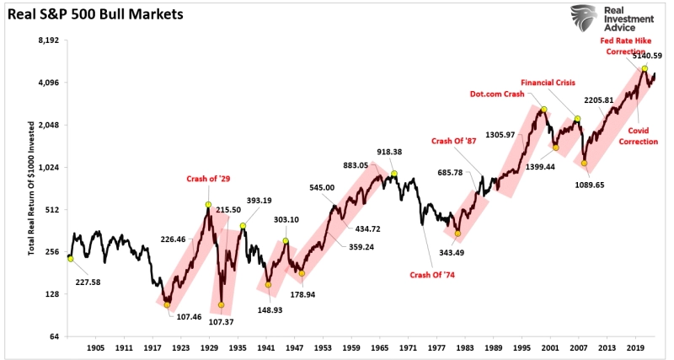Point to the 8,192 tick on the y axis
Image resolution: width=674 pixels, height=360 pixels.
coord(47,40)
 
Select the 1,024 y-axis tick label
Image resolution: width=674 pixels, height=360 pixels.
coord(47,167)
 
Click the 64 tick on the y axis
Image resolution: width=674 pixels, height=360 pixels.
coord(52,336)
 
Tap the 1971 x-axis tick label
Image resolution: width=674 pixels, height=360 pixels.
coord(408,347)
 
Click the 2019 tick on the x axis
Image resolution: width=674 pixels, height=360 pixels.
coord(635,347)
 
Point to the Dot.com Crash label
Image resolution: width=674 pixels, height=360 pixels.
coord(497,94)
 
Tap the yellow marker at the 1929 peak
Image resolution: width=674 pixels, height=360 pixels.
coord(208,205)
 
